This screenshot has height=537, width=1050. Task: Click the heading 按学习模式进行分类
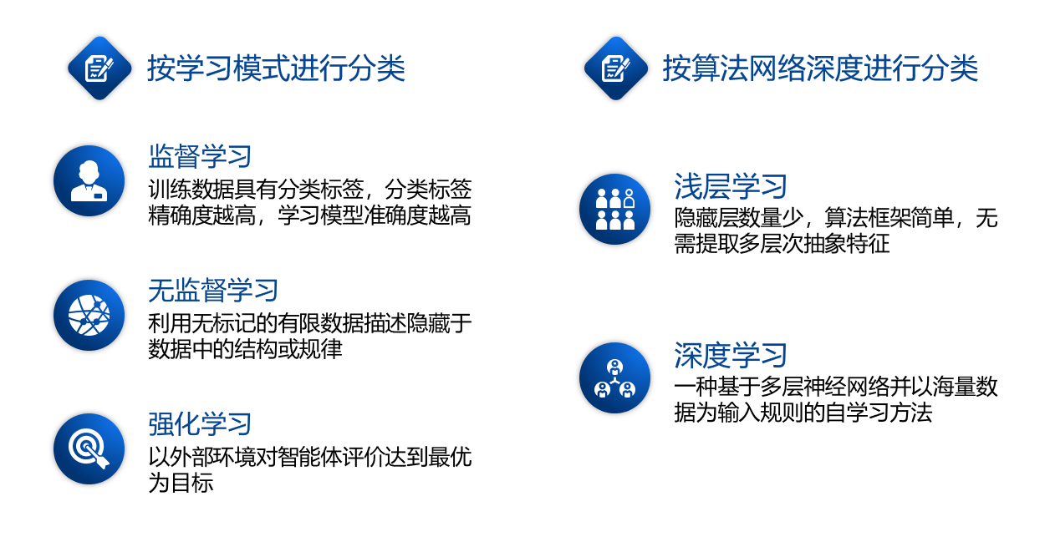pos(276,68)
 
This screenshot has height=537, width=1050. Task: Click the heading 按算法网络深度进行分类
pos(820,68)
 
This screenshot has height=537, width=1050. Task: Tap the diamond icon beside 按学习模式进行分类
pos(99,68)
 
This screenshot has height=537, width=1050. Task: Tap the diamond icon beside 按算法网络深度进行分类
pos(616,68)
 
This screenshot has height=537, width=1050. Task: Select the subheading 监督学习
pos(200,156)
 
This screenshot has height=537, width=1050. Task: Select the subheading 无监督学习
pos(213,291)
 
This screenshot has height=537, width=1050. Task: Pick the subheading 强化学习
pos(200,424)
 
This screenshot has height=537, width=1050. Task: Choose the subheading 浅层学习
pos(731,186)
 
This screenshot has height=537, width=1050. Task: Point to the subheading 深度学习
pos(731,355)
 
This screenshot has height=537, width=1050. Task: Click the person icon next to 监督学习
pos(89,180)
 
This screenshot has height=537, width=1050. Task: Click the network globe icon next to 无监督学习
pos(89,315)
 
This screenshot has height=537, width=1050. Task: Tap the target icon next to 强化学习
pos(89,449)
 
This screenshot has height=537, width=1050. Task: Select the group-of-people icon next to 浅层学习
pos(615,210)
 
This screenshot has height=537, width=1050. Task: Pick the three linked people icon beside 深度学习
pos(615,377)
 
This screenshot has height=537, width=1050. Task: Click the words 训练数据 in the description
pos(191,189)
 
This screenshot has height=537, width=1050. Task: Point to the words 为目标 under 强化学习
pos(181,483)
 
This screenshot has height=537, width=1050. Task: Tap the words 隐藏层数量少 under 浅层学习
pos(739,218)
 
